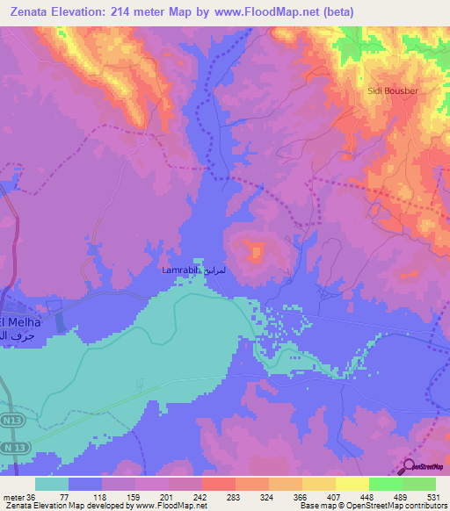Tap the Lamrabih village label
tap(181, 270)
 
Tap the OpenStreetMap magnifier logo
tap(409, 467)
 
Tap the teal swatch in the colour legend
tap(51, 483)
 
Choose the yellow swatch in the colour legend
tap(352, 483)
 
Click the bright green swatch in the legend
tap(385, 483)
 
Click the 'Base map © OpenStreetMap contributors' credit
tap(374, 506)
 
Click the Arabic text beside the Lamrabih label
tap(221, 271)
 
